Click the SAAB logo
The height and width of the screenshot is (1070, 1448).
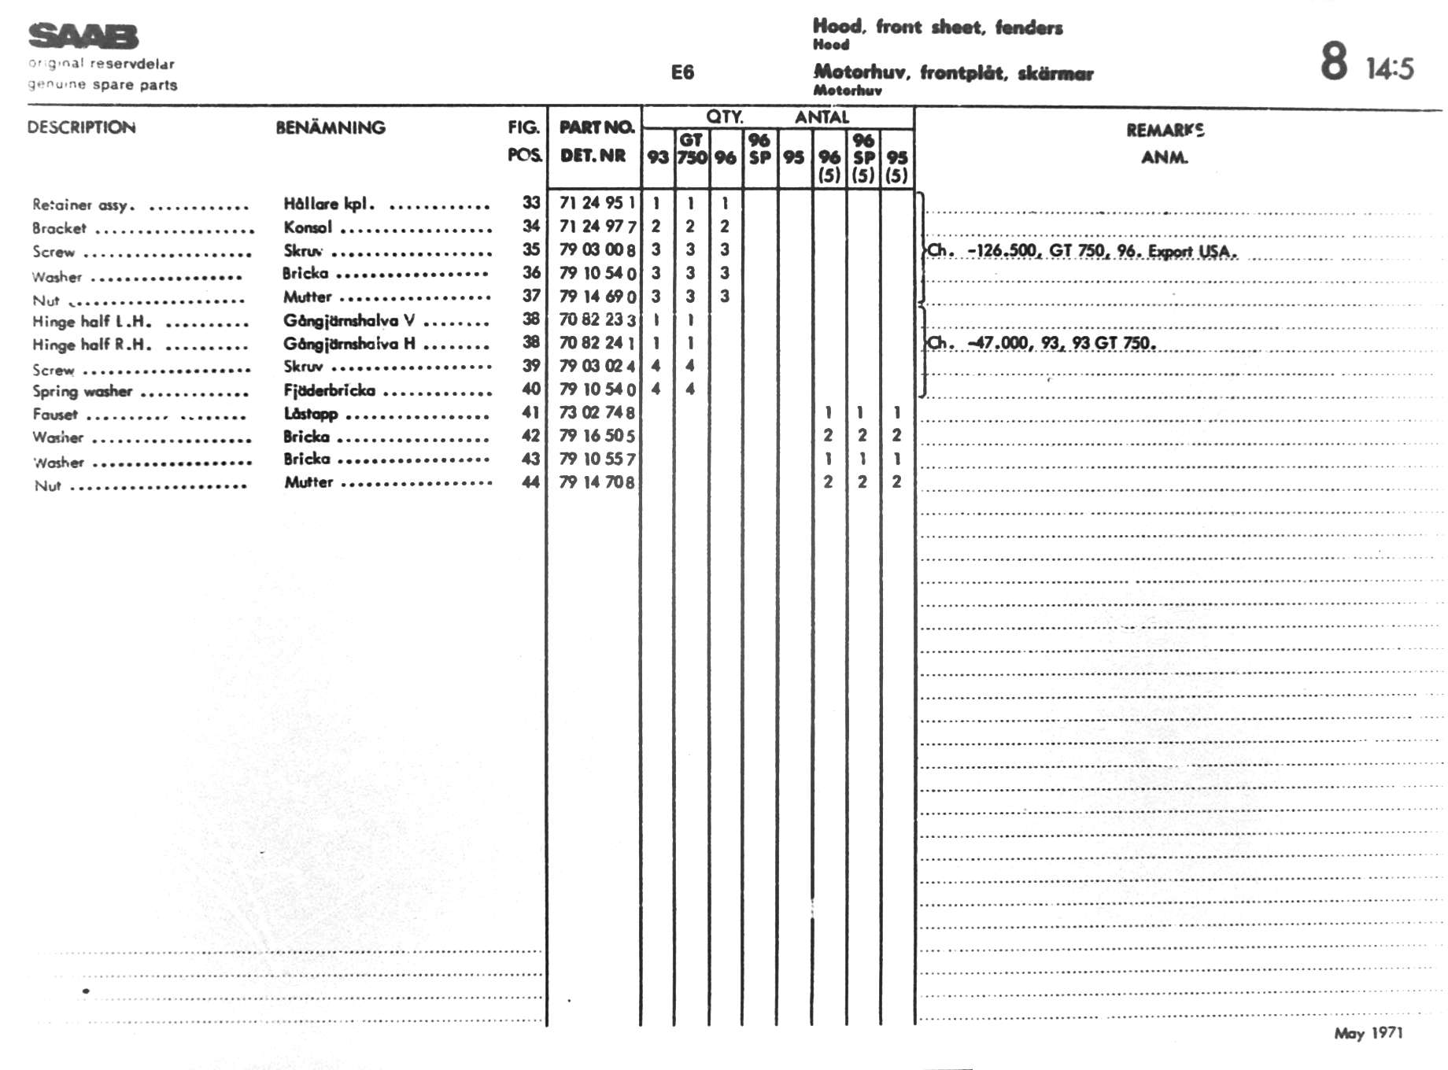(x=83, y=36)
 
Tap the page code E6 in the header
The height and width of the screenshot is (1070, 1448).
(x=682, y=72)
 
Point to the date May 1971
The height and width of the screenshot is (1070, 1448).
(x=1368, y=1033)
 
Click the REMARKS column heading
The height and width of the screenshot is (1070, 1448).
(x=1165, y=131)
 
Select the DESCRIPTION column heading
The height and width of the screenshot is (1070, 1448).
(x=81, y=127)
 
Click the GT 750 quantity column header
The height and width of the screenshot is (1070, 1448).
(x=691, y=149)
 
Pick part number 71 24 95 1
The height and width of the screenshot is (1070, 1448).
(x=597, y=203)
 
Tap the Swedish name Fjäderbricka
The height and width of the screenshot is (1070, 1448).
(x=329, y=390)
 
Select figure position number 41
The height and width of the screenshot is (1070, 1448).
(x=531, y=412)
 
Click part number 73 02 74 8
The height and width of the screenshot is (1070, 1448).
(x=597, y=412)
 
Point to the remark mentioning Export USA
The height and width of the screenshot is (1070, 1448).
(x=1082, y=251)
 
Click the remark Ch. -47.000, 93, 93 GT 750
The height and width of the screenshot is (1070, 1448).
(x=1041, y=343)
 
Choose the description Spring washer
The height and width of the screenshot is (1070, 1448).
(x=82, y=392)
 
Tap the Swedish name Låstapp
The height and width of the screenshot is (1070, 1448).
(x=311, y=414)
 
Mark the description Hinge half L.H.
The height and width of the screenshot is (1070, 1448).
(x=91, y=321)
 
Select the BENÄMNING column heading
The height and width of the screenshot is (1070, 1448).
(x=331, y=127)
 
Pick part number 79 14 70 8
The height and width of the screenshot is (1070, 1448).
(x=597, y=482)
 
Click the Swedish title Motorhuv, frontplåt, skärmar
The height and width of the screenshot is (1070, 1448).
(x=953, y=73)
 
